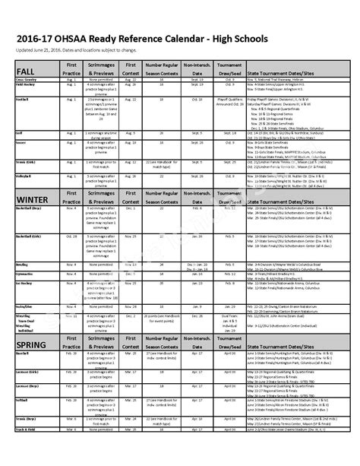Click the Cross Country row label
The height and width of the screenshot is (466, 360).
[x=27, y=78]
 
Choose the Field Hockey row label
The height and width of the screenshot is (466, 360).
[x=27, y=84]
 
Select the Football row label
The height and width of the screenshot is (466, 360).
[x=23, y=99]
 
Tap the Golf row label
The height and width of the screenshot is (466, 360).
[x=20, y=132]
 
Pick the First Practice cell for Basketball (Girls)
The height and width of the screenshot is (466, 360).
[x=72, y=236]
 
